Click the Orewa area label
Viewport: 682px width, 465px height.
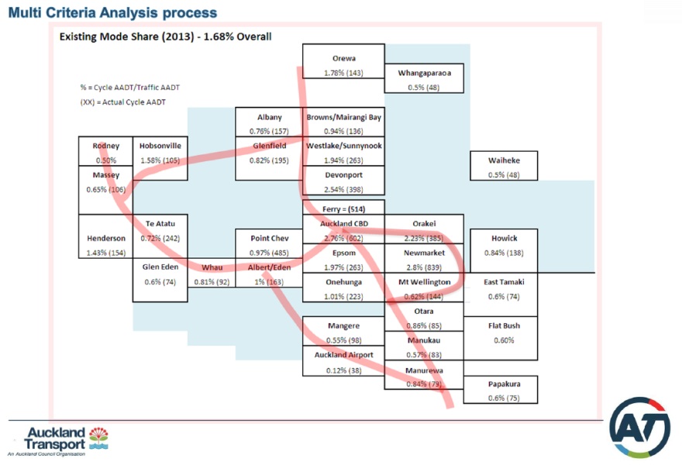click(x=343, y=58)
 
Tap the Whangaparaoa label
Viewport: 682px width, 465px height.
click(x=424, y=73)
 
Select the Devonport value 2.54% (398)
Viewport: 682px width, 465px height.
click(x=343, y=188)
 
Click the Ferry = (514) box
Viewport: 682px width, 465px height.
click(x=343, y=208)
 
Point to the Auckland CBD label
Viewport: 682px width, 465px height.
click(x=343, y=223)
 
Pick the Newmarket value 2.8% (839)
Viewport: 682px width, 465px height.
click(x=423, y=267)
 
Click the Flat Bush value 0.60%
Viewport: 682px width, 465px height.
click(x=505, y=340)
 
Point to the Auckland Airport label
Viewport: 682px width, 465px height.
click(x=343, y=355)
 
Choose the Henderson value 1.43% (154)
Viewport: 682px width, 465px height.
click(x=106, y=253)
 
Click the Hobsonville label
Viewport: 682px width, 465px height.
click(x=160, y=145)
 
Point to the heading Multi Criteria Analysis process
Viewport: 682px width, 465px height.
click(x=112, y=13)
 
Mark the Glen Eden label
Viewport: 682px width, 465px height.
click(x=160, y=267)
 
